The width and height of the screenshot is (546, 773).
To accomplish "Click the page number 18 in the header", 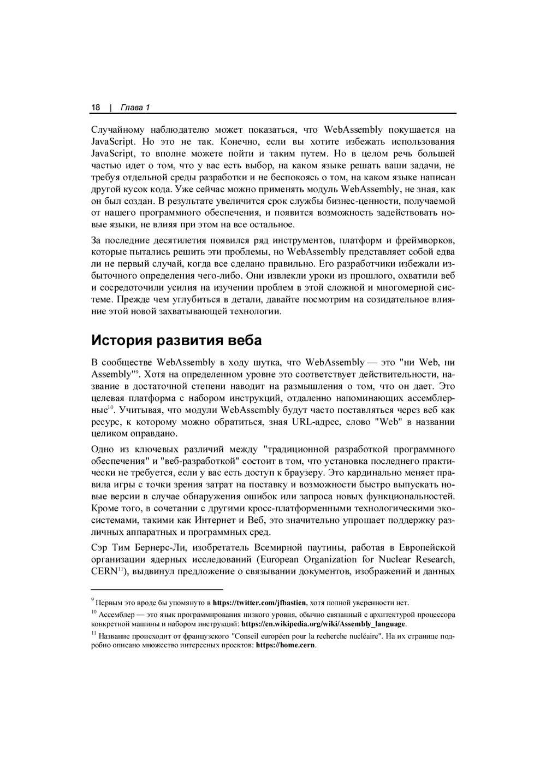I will [96, 107].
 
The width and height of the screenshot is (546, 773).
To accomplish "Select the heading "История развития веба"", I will [176, 340].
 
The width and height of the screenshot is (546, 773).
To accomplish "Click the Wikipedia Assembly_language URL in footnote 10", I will [323, 624].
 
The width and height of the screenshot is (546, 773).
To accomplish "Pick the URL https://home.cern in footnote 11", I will [286, 645].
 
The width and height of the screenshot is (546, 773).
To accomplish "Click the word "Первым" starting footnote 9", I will [108, 603].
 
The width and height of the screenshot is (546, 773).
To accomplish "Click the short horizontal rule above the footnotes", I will [157, 590].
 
